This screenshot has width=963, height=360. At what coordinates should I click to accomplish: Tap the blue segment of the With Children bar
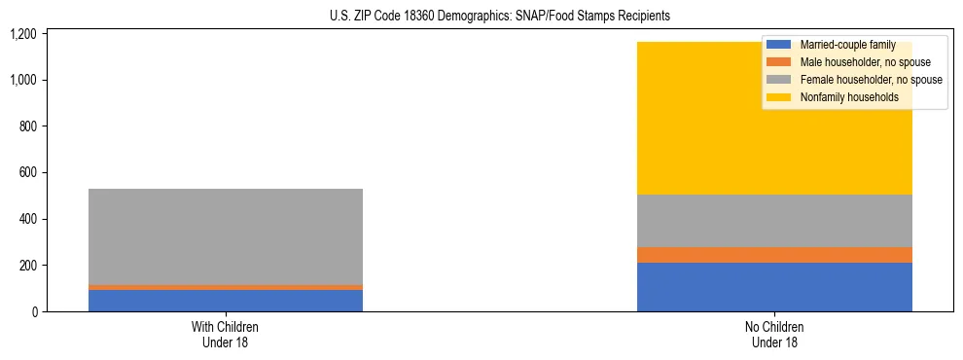[225, 301]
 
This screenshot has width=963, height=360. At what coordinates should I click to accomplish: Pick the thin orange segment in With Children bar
[225, 287]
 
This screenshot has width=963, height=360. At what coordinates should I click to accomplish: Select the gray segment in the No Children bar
[774, 221]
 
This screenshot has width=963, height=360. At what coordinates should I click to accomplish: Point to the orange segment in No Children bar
[774, 255]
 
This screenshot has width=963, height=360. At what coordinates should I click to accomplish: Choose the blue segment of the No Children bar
[774, 287]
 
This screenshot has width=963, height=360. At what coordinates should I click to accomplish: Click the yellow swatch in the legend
[779, 97]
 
